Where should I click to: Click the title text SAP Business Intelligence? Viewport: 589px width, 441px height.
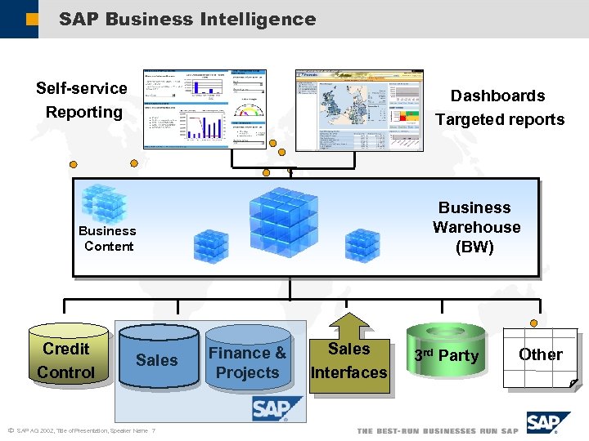click(187, 19)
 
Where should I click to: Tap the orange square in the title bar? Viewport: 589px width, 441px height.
click(30, 19)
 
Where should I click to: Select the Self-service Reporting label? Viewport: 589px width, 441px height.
click(83, 100)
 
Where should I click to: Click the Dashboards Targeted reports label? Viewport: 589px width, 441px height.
click(499, 107)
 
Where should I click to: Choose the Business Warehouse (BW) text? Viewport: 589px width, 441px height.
click(475, 227)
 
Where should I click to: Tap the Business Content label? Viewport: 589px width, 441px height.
click(108, 238)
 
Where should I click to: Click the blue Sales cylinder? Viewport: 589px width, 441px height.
click(158, 358)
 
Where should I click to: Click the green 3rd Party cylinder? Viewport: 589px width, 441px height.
click(446, 356)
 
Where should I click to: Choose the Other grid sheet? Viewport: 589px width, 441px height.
click(540, 356)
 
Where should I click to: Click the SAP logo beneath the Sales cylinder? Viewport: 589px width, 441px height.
click(277, 408)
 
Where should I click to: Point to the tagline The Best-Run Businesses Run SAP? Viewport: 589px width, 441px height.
click(437, 430)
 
